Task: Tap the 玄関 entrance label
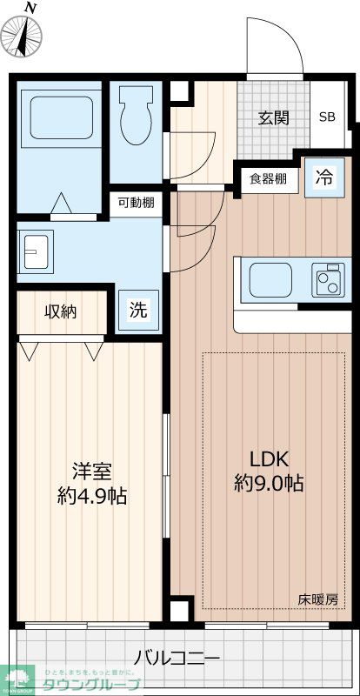coord(272,118)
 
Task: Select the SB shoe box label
coord(327,117)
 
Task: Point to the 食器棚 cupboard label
coord(268,179)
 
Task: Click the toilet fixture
coord(135,117)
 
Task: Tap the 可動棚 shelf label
coord(137,204)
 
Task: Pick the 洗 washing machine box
coord(137,309)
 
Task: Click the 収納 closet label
coord(61,311)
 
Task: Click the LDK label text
coord(269,459)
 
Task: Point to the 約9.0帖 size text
coord(269,484)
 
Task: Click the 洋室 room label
coord(91,472)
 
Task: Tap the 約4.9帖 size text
coord(91,497)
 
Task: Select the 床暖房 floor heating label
coord(317,599)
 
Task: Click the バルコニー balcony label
coord(177,659)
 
